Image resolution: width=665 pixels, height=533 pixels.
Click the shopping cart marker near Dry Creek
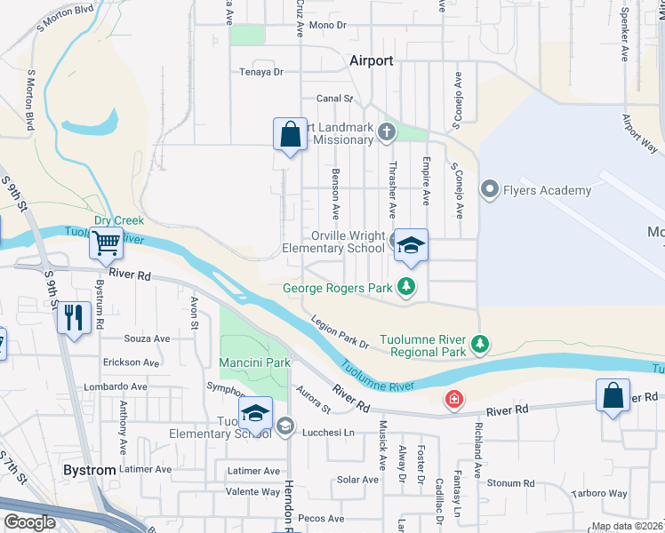tap(107, 241)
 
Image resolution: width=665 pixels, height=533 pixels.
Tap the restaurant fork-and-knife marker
tap(73, 316)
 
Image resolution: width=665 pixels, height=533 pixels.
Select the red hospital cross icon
tap(454, 400)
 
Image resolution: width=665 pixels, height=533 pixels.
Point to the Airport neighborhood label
tap(371, 60)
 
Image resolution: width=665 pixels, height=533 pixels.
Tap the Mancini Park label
tap(255, 362)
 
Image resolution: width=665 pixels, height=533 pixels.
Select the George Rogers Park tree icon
tap(406, 287)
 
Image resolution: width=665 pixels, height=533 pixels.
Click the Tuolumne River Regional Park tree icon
tap(480, 343)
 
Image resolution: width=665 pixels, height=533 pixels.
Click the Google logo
tap(29, 521)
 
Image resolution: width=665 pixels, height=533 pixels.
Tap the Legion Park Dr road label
tap(339, 332)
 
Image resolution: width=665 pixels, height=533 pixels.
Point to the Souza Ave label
tap(147, 338)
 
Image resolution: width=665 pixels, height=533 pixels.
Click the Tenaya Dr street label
tap(260, 72)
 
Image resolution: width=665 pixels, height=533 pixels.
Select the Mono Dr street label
tap(327, 26)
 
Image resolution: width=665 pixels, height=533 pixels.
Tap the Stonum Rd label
tap(510, 483)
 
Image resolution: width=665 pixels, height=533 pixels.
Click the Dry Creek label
tap(118, 220)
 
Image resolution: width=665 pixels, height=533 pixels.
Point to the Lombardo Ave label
tap(116, 387)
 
